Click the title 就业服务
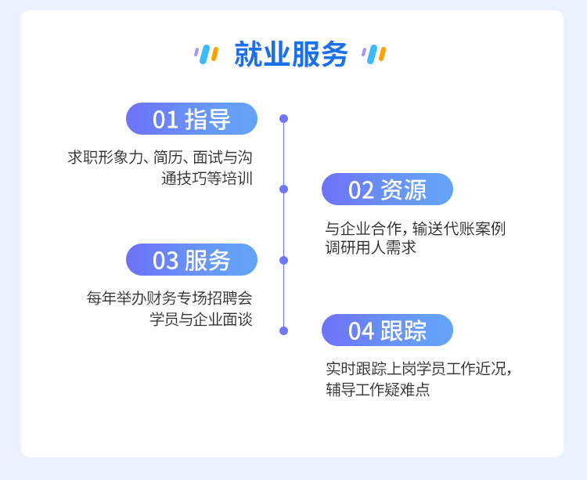pos(291,55)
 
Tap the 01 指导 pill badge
pos(192,119)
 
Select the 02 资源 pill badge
pos(387,189)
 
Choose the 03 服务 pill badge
pos(192,260)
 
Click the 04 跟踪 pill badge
pos(387,330)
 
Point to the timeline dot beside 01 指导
pos(284,119)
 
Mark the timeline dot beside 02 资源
pos(284,189)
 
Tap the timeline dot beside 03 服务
pos(284,260)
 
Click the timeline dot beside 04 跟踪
pos(284,330)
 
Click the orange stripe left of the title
pos(215,54)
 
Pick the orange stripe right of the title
pos(382,54)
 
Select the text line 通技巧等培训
pos(207,179)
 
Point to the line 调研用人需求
pos(371,247)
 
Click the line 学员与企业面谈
pos(201,319)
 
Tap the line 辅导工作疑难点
pos(378,389)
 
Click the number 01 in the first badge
pos(165,120)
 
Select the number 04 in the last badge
pos(362,331)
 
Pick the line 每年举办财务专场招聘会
pos(170,298)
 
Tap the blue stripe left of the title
pos(205,54)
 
